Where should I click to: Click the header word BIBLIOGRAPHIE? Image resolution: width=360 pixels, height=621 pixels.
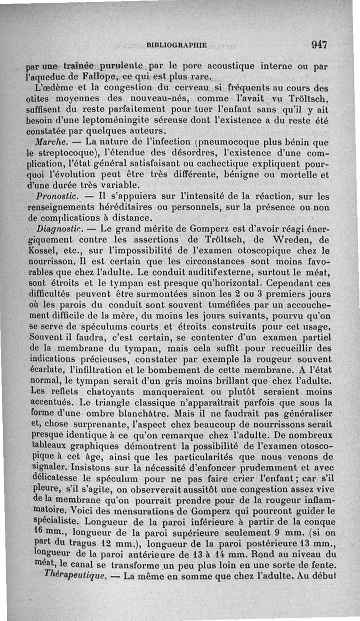click(x=176, y=45)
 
